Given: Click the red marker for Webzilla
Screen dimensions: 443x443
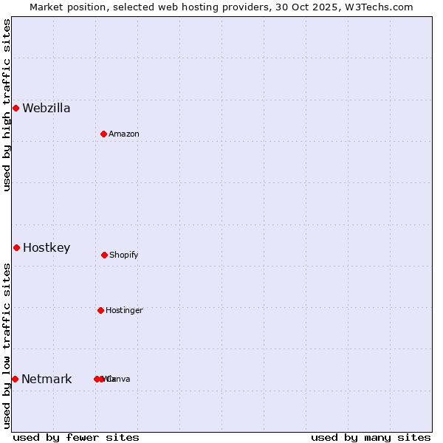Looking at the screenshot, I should click(x=16, y=108).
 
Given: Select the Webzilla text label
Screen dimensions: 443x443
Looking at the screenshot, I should click(x=47, y=108).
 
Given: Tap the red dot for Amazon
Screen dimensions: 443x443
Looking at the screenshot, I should click(x=103, y=134).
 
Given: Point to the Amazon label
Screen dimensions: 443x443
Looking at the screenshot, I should click(x=124, y=134).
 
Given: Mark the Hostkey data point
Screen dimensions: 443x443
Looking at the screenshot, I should click(x=16, y=247).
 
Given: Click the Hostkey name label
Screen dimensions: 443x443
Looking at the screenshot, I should click(x=47, y=247).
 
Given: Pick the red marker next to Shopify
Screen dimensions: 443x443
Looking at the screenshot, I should click(x=104, y=255).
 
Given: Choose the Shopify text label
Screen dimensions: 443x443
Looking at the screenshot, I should click(x=124, y=255).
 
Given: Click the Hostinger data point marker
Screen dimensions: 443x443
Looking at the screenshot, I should click(x=100, y=310).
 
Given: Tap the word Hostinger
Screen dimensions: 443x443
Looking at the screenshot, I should click(x=124, y=310).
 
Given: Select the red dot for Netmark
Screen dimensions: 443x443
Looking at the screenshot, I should click(x=15, y=379).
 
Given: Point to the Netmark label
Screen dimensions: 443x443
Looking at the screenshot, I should click(x=47, y=379).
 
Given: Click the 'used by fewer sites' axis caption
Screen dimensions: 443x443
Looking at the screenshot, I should click(x=76, y=437).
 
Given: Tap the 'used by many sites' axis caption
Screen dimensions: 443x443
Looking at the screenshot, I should click(x=371, y=437).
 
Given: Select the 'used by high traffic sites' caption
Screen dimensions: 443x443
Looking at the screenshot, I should click(x=7, y=105).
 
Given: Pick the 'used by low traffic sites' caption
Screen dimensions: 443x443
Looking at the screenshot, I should click(x=7, y=346).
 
